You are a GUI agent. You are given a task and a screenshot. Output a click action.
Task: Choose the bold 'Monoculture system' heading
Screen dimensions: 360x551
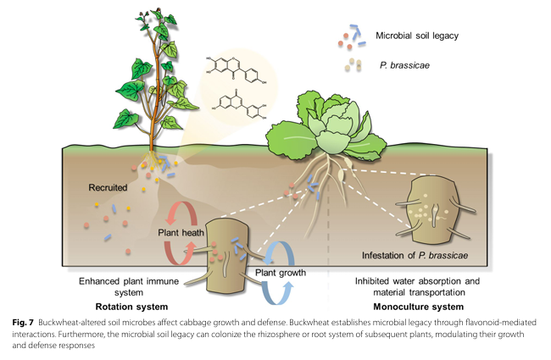pyautogui.click(x=418, y=306)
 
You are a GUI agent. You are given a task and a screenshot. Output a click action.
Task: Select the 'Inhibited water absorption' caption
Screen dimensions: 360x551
pyautogui.click(x=418, y=281)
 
